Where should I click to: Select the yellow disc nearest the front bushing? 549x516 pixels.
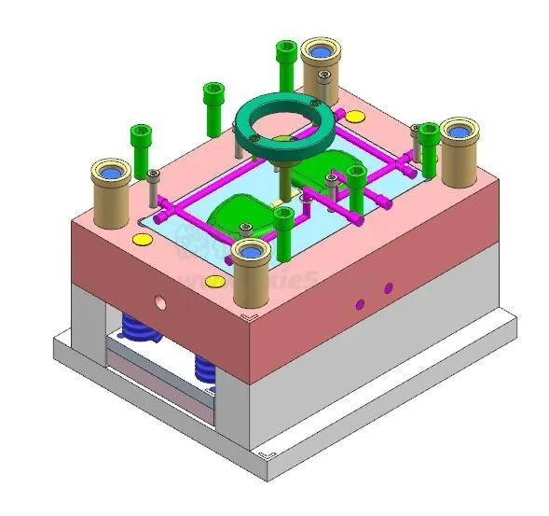213,280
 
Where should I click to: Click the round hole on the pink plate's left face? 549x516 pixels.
159,302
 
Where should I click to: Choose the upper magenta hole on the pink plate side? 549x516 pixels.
388,287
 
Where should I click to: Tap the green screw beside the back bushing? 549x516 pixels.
285,63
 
